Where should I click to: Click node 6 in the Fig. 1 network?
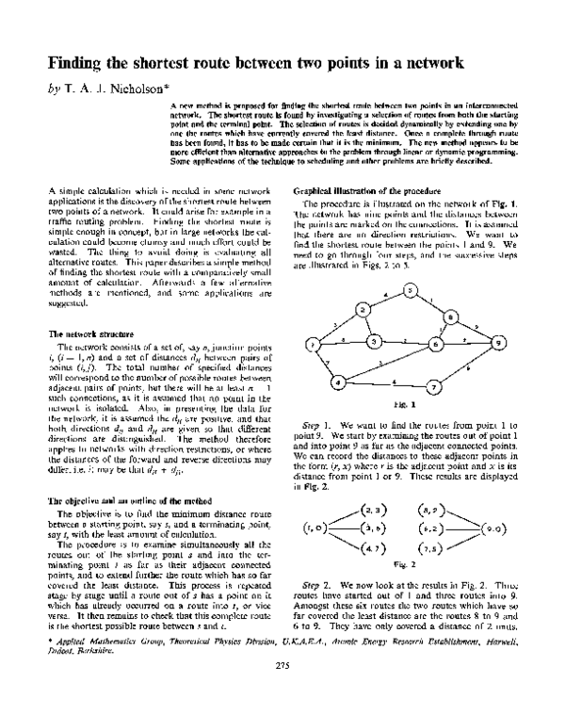click(435, 345)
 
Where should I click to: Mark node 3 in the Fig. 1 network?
click(373, 340)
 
